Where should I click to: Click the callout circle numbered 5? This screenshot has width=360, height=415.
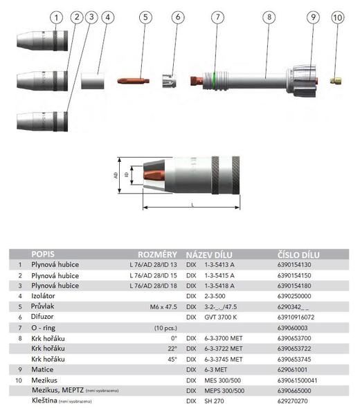145,17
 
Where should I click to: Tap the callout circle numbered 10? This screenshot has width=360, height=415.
338,18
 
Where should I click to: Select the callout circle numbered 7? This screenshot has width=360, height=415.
218,17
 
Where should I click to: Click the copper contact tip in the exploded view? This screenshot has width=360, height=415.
133,80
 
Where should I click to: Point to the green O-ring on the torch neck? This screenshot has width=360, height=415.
215,80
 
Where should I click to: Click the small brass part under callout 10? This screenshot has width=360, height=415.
336,80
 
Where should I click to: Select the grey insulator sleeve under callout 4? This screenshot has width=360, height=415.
93,81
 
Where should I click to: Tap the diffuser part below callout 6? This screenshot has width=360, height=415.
169,81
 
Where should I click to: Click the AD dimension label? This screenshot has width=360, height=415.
116,175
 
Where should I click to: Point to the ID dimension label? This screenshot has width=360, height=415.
127,175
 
